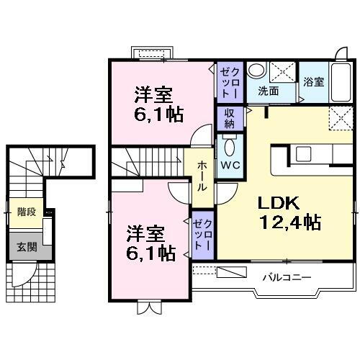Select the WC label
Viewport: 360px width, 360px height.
click(230, 164)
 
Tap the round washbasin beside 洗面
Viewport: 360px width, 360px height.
click(258, 71)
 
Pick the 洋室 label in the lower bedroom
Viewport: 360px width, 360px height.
click(147, 233)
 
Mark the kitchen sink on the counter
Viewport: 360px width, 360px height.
click(303, 154)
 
